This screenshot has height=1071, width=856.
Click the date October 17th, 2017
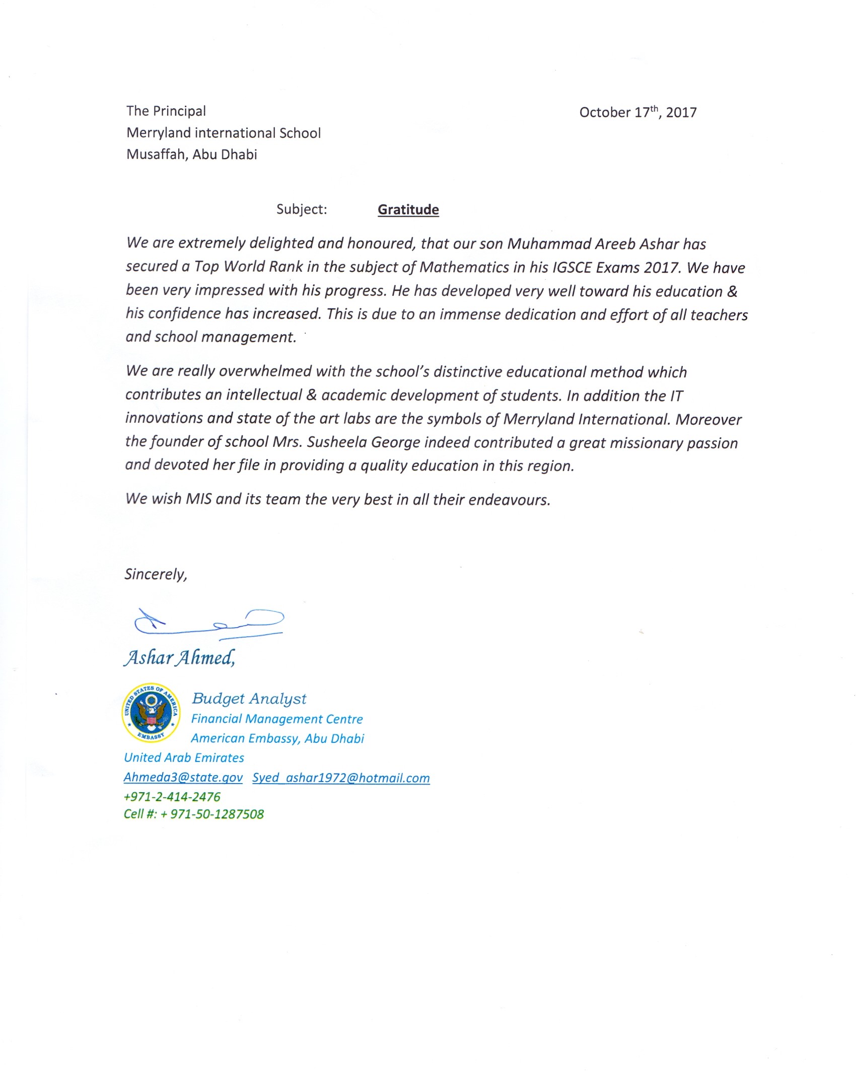637,112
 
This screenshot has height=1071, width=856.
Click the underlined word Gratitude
408,209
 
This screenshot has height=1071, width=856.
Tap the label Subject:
302,209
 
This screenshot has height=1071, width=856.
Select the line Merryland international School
223,133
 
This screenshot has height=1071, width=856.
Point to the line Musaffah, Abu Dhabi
191,155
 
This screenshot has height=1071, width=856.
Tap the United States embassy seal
151,712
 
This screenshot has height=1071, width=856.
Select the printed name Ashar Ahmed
179,658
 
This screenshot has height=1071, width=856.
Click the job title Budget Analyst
249,699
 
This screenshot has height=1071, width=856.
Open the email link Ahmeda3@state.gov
183,778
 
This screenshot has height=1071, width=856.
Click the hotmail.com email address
341,778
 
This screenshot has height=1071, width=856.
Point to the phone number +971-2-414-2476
172,797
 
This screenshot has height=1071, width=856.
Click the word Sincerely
156,574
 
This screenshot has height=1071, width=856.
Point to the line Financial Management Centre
276,719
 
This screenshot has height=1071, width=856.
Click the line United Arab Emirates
184,758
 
